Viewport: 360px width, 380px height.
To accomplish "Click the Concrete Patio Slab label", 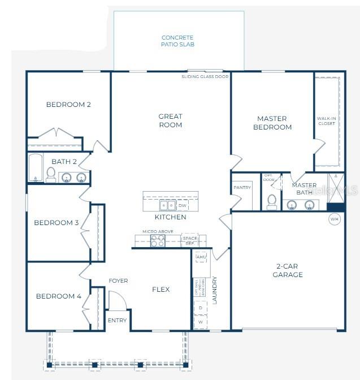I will click(178, 41).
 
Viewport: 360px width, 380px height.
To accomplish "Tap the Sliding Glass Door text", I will click(205, 76).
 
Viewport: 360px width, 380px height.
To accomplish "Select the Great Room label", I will click(170, 120).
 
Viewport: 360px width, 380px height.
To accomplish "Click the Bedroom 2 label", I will click(68, 105).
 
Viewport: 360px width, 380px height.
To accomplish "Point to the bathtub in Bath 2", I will click(36, 168).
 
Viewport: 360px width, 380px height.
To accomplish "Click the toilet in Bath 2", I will click(50, 175).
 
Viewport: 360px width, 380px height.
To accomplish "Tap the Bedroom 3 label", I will click(57, 223).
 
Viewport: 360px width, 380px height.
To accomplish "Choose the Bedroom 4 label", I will click(58, 296).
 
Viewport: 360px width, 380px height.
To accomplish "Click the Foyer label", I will click(118, 280).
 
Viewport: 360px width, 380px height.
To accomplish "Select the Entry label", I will click(118, 321).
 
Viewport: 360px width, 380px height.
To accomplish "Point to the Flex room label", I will click(161, 290).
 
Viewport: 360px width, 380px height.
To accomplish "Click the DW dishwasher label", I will click(182, 206).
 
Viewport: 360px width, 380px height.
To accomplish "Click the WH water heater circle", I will click(335, 219).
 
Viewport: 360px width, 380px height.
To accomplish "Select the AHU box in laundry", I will click(201, 257).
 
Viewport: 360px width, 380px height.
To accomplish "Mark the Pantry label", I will click(242, 188).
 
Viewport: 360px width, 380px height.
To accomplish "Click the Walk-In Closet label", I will click(327, 120).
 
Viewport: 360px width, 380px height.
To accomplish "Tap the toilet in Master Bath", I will click(271, 201).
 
